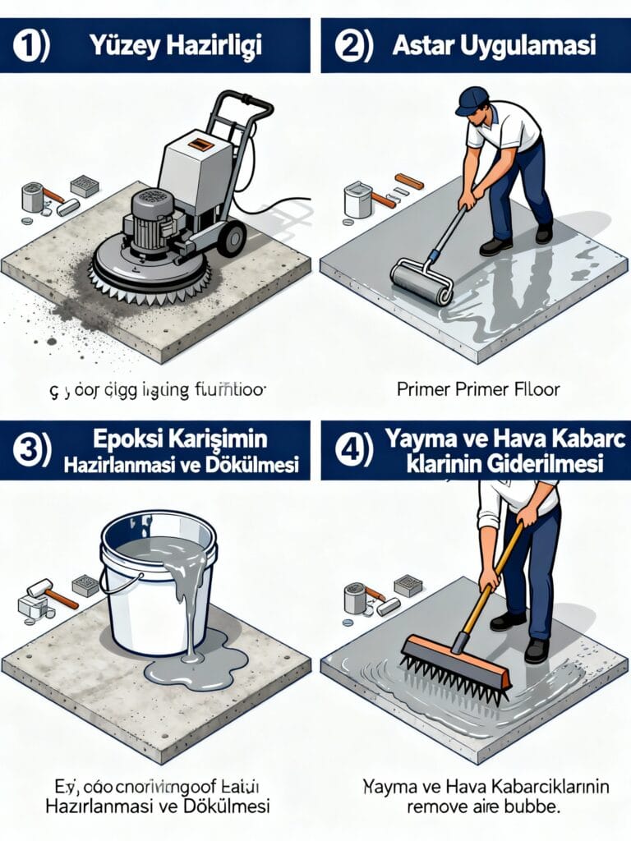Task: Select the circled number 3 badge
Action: pos(30,451)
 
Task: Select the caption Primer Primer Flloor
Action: pos(478,389)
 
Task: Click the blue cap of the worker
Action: pos(472,100)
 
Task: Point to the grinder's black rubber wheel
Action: pos(231,237)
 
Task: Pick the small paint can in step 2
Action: pos(357,200)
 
